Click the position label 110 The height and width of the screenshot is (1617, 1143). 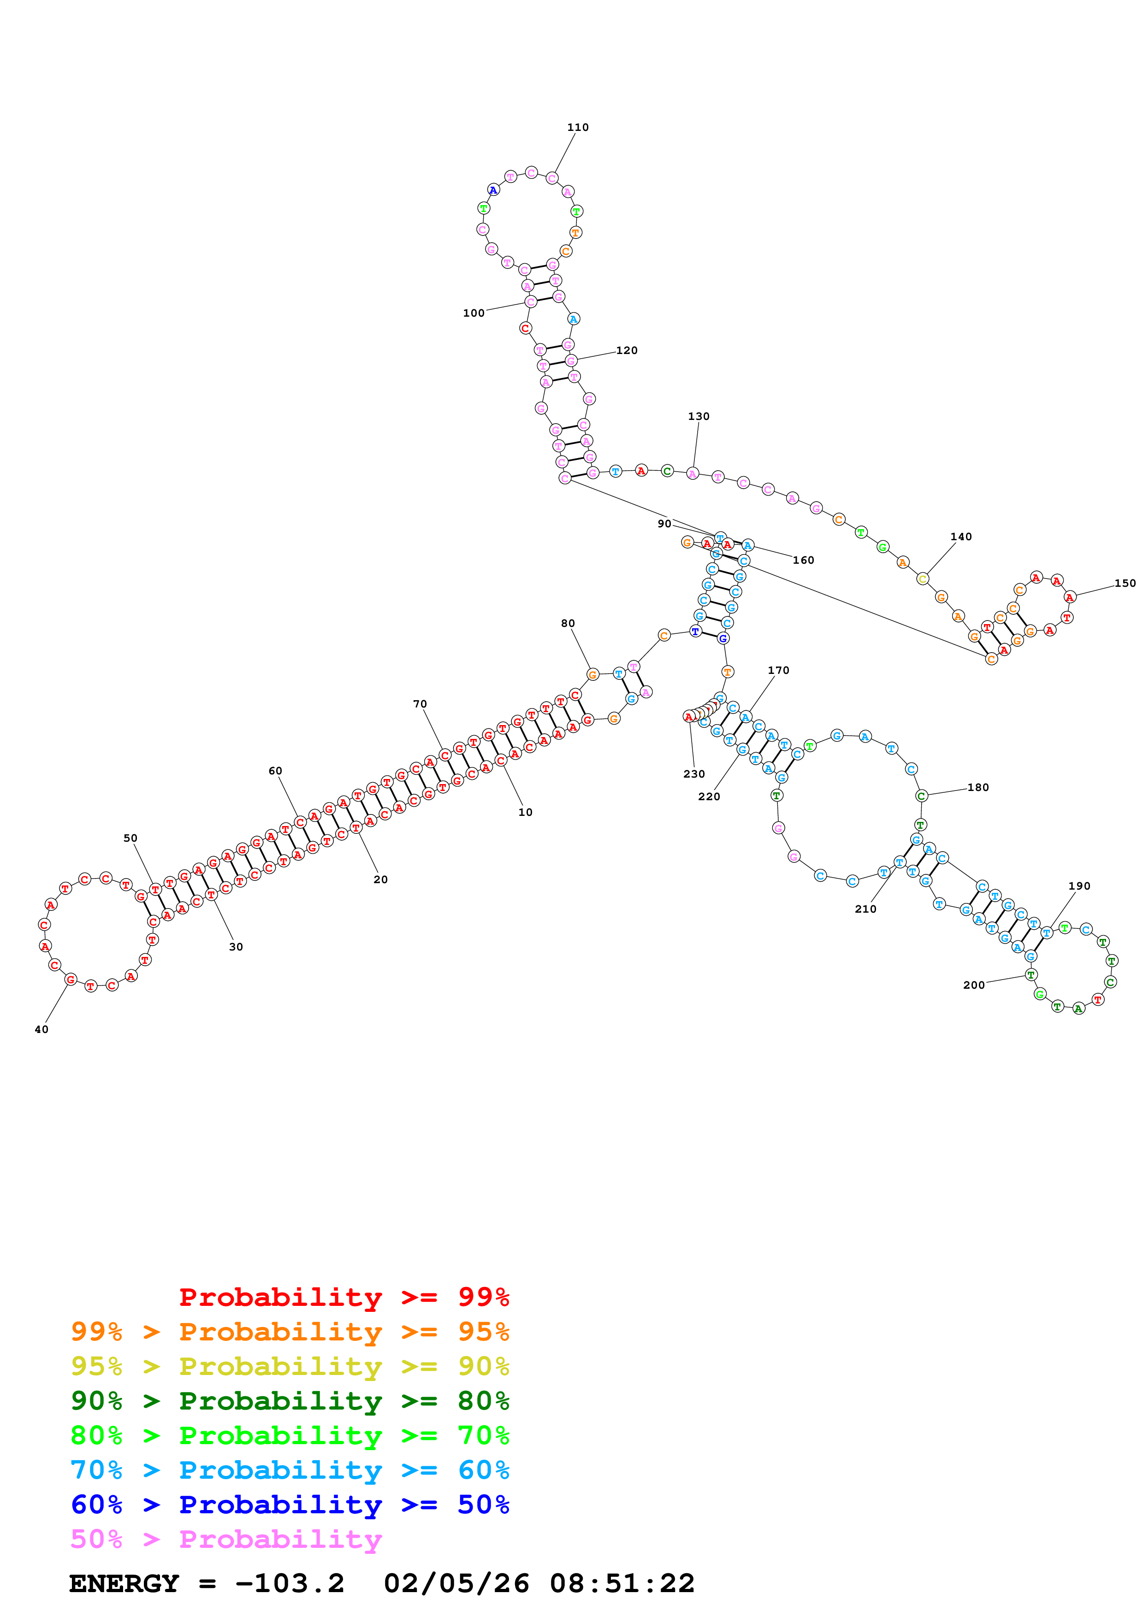coord(577,128)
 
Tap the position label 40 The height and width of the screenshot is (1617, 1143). coord(41,1030)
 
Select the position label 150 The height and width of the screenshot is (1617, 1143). coord(1125,583)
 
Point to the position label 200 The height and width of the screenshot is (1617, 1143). coord(973,985)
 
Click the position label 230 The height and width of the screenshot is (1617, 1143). coord(694,774)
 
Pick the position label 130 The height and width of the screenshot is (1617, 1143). coord(699,416)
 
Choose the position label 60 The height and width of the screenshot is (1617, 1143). coord(275,771)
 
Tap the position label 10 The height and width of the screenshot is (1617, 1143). coord(525,812)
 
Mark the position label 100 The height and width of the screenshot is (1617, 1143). coord(473,313)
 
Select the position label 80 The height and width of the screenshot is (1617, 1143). coord(568,623)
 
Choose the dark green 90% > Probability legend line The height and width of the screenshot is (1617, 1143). coord(290,1401)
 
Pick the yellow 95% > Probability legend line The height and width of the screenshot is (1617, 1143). coord(290,1366)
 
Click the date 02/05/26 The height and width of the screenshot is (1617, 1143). coord(456,1583)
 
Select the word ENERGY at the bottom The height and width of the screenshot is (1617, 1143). coord(124,1583)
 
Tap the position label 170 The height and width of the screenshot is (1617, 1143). coord(778,671)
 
